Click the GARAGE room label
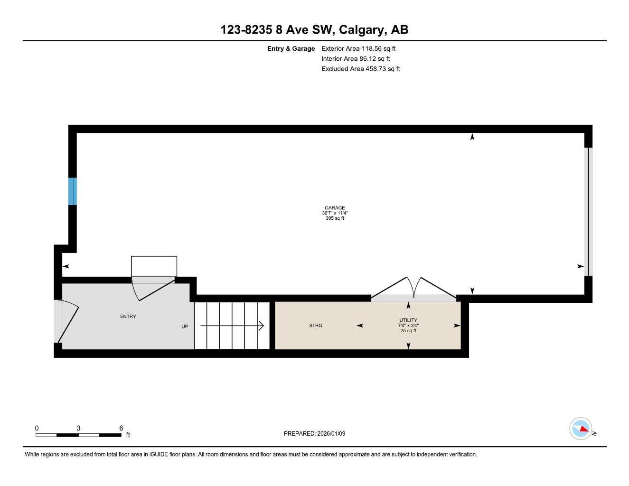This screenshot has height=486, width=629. (x=335, y=208)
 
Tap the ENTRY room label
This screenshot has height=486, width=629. (x=128, y=317)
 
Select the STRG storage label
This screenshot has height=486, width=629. (x=316, y=326)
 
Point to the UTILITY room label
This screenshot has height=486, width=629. (x=408, y=320)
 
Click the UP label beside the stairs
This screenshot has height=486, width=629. (x=185, y=327)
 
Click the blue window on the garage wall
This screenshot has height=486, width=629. (x=73, y=191)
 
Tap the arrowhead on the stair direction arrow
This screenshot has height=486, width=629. (x=261, y=326)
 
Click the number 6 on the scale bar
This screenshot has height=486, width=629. (x=121, y=428)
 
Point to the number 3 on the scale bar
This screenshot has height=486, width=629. (x=78, y=428)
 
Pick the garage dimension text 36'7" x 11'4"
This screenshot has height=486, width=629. (x=335, y=213)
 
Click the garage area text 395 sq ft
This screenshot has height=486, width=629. (x=335, y=218)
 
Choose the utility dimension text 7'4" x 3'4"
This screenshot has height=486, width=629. (x=408, y=326)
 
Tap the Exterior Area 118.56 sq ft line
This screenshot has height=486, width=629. (x=358, y=48)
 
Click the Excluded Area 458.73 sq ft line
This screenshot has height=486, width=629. (x=360, y=69)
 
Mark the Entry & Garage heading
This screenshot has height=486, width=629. (x=291, y=48)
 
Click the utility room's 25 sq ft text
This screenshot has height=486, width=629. (x=408, y=331)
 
